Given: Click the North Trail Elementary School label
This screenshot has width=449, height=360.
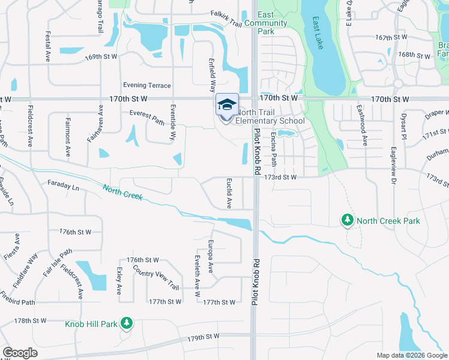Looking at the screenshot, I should (270, 116).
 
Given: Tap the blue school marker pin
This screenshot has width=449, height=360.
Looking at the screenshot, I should (227, 106).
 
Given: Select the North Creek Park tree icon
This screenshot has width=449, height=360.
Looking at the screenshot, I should (346, 221).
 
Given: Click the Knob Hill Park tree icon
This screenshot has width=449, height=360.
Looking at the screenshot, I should (126, 324).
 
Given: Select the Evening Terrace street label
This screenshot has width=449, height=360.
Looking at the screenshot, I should (147, 85).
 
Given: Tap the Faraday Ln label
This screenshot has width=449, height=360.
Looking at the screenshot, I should (63, 185).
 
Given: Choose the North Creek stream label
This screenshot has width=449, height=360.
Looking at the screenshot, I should (122, 193).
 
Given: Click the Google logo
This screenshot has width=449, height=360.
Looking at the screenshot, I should (20, 353).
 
